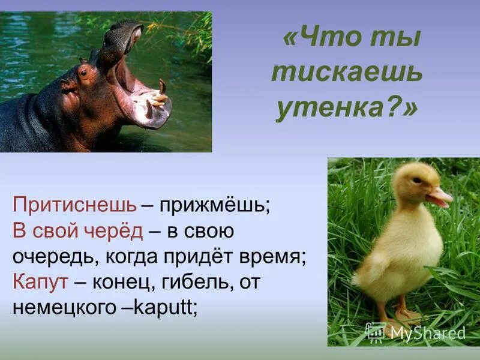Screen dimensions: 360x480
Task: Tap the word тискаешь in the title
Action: (x=347, y=74)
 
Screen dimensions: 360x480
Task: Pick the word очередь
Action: (x=56, y=257)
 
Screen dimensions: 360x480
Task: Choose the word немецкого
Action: (x=68, y=307)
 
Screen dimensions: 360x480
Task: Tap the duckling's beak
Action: (x=440, y=197)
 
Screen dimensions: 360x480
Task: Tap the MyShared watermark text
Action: (x=427, y=333)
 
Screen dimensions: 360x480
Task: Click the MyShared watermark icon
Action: (x=376, y=332)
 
